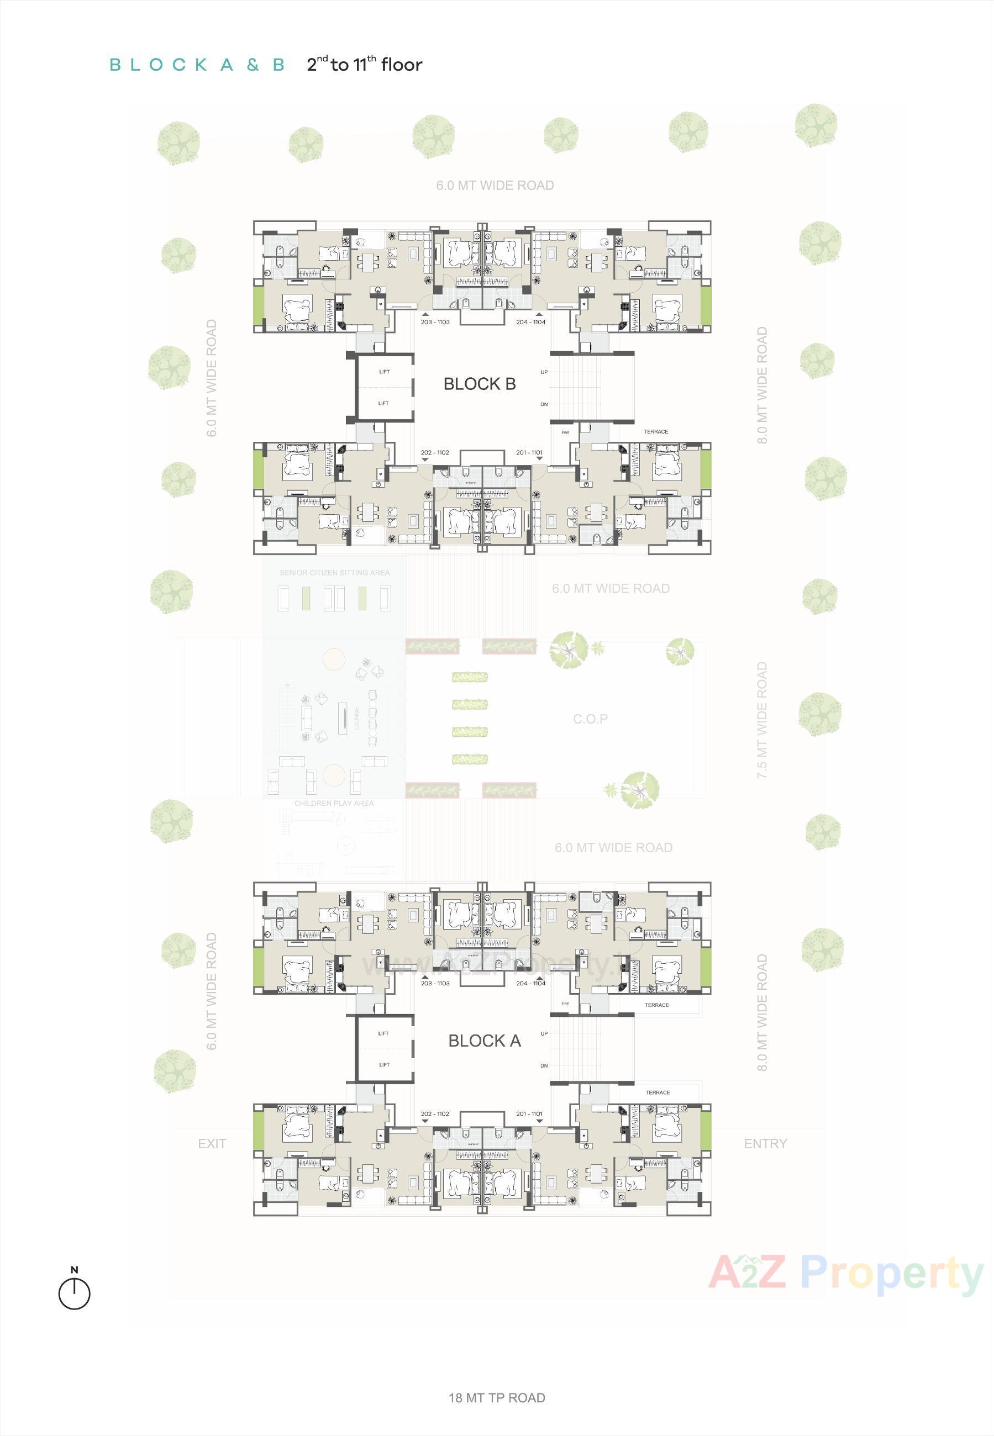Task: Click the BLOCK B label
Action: pos(480,384)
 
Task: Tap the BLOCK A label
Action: pos(485,1041)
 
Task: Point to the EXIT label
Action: pos(212,1143)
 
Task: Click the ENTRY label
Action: pos(765,1143)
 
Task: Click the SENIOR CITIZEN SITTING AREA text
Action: pos(334,573)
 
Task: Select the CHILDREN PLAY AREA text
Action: pos(334,804)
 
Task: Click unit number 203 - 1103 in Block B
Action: pos(435,323)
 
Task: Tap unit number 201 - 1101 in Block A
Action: pos(529,1113)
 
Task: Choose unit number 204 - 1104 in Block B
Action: pos(530,323)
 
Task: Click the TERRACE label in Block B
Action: pos(656,431)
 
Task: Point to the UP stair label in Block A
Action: pos(544,1033)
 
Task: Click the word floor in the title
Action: pos(402,65)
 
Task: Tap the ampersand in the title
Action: pos(253,65)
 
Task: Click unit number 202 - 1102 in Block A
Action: pos(435,1113)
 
